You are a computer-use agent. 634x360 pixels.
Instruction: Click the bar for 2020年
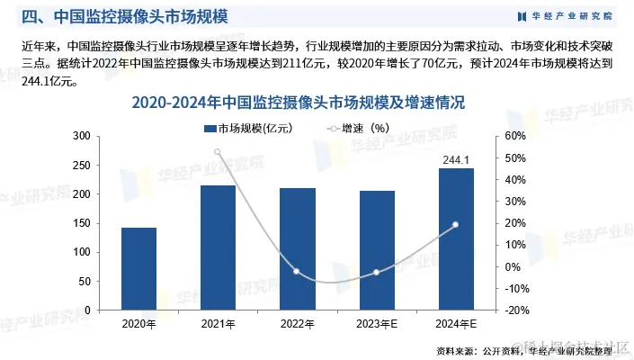[x=138, y=268]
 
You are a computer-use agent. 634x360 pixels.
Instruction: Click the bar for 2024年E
[x=455, y=238]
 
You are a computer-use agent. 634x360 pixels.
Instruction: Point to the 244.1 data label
[x=455, y=160]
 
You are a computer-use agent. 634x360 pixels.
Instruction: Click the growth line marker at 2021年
[x=218, y=151]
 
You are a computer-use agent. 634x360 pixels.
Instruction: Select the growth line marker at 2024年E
[x=455, y=224]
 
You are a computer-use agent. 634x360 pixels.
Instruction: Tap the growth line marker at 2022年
[x=297, y=271]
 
